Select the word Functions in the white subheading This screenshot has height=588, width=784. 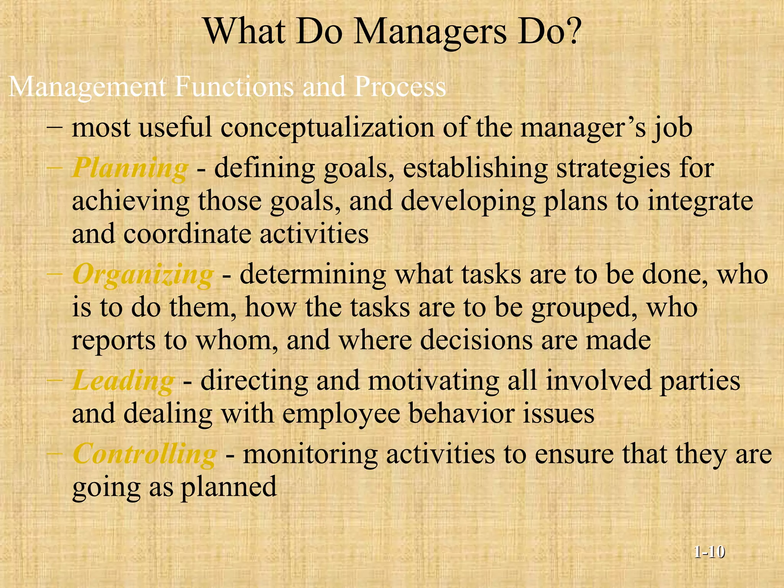tap(234, 87)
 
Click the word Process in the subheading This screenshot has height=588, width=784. tap(400, 87)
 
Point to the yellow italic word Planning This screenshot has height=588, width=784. tap(130, 168)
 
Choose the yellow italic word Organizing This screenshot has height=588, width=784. tap(143, 275)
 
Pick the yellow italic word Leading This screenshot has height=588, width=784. tap(123, 381)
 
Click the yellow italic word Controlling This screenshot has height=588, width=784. tap(145, 454)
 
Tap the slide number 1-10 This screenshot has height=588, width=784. tap(709, 552)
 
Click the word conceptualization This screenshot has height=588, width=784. tap(327, 128)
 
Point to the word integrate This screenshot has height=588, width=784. tap(700, 201)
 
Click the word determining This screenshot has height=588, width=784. tap(313, 275)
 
